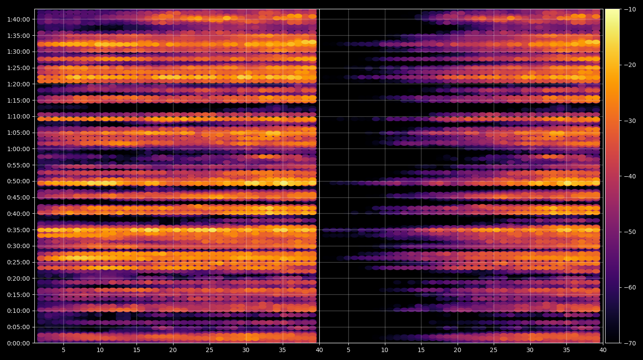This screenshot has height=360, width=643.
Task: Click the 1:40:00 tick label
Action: (18, 19)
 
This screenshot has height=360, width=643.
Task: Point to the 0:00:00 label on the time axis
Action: (18, 343)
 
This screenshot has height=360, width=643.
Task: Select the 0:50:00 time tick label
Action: (18, 181)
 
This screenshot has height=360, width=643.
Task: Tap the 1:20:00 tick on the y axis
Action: (18, 84)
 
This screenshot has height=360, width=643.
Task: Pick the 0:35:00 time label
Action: (18, 230)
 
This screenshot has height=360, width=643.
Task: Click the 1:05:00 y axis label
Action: (18, 133)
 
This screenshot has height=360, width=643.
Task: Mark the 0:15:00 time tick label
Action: (18, 295)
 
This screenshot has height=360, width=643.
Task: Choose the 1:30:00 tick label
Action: (18, 52)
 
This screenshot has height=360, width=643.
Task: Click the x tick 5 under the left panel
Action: (63, 350)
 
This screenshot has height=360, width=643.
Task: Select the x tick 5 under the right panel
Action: (348, 350)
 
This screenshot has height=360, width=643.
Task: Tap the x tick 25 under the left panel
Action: (210, 350)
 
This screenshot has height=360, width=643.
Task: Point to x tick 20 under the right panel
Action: (457, 350)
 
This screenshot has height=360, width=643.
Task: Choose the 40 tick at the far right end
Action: (603, 350)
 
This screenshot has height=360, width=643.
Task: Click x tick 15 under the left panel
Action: (137, 350)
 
